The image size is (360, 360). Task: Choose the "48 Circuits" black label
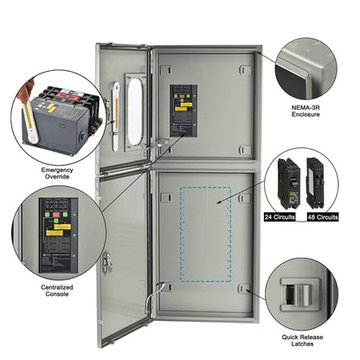click(323, 218)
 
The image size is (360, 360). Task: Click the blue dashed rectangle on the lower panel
click(203, 233)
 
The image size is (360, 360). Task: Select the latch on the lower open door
click(107, 258)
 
